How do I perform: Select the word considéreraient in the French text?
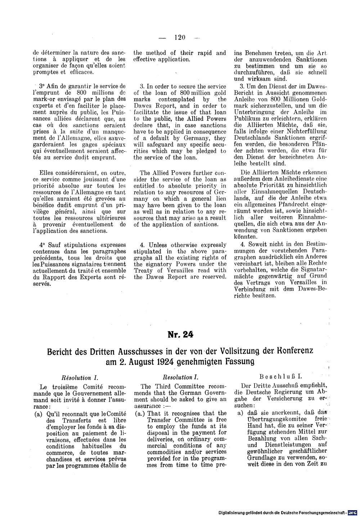78,173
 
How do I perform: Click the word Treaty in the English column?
143,270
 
